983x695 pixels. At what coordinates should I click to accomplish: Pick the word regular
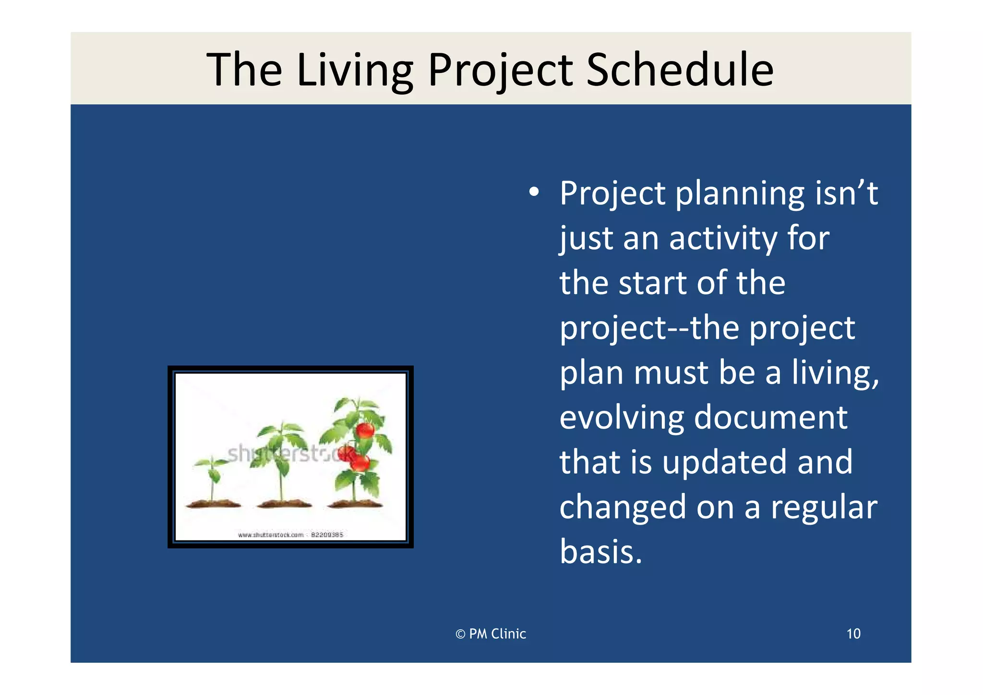[x=824, y=507]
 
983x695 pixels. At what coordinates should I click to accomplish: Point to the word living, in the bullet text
[x=835, y=373]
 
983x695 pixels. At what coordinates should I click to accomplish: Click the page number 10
[x=853, y=634]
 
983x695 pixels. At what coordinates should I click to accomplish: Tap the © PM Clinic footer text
[x=491, y=634]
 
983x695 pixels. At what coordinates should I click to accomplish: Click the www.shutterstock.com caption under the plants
[x=290, y=535]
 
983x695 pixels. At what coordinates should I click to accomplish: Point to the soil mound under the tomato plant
[x=355, y=504]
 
